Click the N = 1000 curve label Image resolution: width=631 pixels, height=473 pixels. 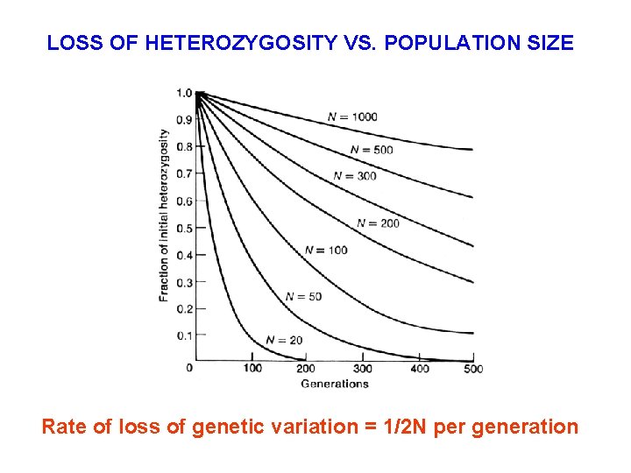click(x=351, y=117)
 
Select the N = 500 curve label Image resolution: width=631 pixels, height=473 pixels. click(x=372, y=150)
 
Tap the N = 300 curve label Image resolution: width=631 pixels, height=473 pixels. click(x=355, y=176)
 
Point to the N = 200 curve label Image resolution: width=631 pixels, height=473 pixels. click(x=378, y=223)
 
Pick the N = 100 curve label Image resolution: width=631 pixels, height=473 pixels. click(x=326, y=251)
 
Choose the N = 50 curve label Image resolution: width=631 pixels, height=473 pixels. click(x=303, y=297)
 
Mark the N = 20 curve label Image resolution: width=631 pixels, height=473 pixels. click(x=283, y=340)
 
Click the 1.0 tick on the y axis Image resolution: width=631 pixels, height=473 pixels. click(x=184, y=93)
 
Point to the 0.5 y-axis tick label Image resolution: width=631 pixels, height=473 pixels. click(x=184, y=229)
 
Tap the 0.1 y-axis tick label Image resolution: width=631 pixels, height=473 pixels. click(x=184, y=336)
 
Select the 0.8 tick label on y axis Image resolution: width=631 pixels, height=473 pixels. click(x=184, y=147)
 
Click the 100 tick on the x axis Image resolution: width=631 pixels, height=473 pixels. click(x=252, y=368)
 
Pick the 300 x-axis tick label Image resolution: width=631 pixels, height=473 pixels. click(x=362, y=368)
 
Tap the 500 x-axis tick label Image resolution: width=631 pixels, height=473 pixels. click(x=472, y=368)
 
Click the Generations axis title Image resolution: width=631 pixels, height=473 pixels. click(x=334, y=384)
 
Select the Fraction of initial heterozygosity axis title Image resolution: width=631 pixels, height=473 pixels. click(x=164, y=215)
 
